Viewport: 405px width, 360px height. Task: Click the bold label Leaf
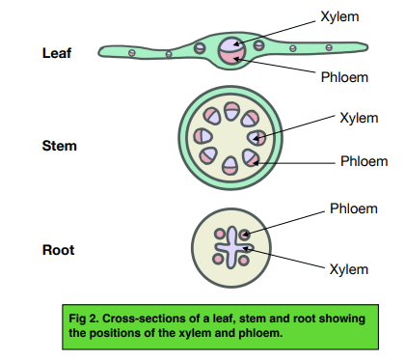tap(57, 53)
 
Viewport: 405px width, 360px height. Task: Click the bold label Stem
tap(60, 146)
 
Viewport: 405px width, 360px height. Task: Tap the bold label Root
tap(58, 250)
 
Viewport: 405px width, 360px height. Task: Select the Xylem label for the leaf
tap(339, 16)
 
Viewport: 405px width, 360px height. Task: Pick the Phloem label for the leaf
tap(344, 77)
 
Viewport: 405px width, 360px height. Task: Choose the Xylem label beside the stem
tap(359, 118)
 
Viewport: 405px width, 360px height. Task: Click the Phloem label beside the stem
tap(364, 161)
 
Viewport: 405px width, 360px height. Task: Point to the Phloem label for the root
tap(354, 208)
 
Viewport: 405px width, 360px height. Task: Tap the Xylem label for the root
tap(349, 269)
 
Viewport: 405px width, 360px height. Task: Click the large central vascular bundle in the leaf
tap(232, 51)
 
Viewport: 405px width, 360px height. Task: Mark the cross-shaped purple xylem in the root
tap(232, 247)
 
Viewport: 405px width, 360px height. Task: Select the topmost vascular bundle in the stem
tap(231, 111)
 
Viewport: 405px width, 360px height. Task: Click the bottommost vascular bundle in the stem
tap(230, 165)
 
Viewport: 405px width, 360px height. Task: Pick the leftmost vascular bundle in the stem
tap(202, 136)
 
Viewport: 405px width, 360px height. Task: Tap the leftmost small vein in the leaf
tap(132, 53)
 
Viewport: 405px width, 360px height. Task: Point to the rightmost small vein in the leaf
tap(329, 47)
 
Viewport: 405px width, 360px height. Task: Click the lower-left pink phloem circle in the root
tap(218, 259)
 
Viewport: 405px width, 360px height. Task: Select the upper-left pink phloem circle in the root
tap(220, 234)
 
